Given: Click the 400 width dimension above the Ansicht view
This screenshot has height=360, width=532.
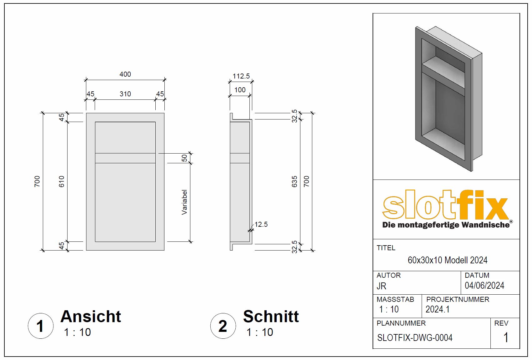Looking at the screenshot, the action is coord(125,74).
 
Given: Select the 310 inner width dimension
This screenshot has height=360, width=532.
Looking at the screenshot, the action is coord(125,94).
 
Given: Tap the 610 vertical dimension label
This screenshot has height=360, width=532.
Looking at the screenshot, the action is coord(62,181).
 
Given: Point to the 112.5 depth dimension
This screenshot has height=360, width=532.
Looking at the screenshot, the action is coord(241,76).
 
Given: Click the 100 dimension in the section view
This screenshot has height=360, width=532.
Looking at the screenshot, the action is coord(240,90).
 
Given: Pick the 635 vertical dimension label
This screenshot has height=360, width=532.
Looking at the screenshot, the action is coord(294,181).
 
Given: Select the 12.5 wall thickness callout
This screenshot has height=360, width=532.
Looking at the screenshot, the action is coord(261,224).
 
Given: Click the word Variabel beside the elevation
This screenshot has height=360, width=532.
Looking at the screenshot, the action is coord(184,202).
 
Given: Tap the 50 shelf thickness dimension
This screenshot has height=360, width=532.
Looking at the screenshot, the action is coord(184,158).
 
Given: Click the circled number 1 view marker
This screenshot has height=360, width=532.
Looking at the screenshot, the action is coord(41,326).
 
